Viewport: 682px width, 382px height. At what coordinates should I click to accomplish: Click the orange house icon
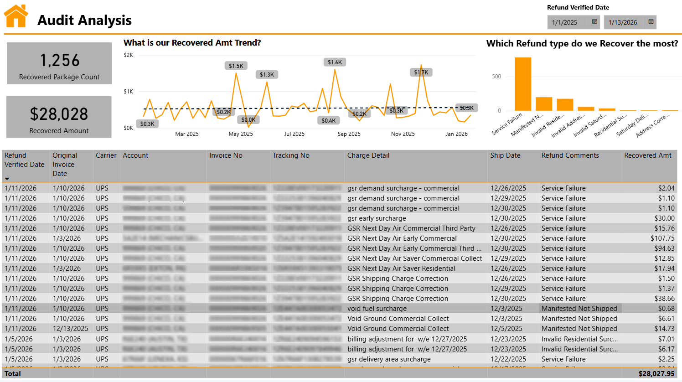click(x=16, y=16)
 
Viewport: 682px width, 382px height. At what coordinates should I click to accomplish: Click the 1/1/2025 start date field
click(x=565, y=22)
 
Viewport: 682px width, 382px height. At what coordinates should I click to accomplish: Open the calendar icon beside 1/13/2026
click(x=651, y=22)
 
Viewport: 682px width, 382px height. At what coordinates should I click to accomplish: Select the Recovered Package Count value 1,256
click(x=60, y=61)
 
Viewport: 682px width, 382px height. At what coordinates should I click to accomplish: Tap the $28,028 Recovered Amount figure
click(x=59, y=114)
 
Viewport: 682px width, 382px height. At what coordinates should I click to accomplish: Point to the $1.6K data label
click(x=335, y=62)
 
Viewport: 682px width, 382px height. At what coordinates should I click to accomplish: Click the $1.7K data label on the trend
click(x=421, y=72)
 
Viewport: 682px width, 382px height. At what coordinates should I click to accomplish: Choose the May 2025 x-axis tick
click(x=241, y=134)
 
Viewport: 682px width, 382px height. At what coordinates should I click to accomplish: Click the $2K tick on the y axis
click(x=129, y=55)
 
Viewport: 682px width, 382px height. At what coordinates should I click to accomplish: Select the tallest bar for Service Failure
click(x=523, y=84)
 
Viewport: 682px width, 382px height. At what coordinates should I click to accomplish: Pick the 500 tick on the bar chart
click(x=496, y=77)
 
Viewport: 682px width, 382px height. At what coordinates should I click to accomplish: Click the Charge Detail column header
click(x=368, y=155)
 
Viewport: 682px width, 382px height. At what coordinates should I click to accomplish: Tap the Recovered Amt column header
click(x=647, y=155)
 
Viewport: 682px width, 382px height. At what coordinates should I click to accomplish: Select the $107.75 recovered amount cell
click(x=662, y=238)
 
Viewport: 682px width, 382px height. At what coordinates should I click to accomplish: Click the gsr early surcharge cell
click(x=377, y=218)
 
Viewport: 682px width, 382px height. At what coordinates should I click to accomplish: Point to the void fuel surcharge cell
click(x=377, y=309)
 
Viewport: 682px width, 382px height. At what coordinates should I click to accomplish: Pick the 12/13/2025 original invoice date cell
click(x=71, y=329)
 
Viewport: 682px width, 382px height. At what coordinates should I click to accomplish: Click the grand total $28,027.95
click(x=656, y=374)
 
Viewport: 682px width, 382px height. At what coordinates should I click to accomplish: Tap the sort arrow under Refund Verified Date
click(x=7, y=179)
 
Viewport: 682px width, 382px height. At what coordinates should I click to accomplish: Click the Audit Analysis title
click(x=84, y=21)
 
